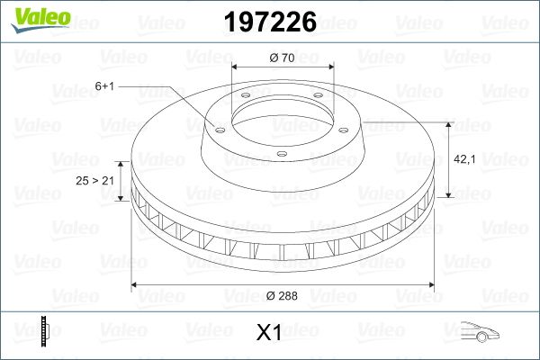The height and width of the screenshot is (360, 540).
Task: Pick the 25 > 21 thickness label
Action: tap(95, 181)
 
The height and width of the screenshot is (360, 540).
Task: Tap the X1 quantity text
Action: tap(269, 333)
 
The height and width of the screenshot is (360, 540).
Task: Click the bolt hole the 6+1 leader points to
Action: tap(216, 126)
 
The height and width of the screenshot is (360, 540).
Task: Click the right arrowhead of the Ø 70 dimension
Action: tap(331, 67)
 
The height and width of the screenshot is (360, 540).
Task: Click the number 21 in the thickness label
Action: tap(108, 181)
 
